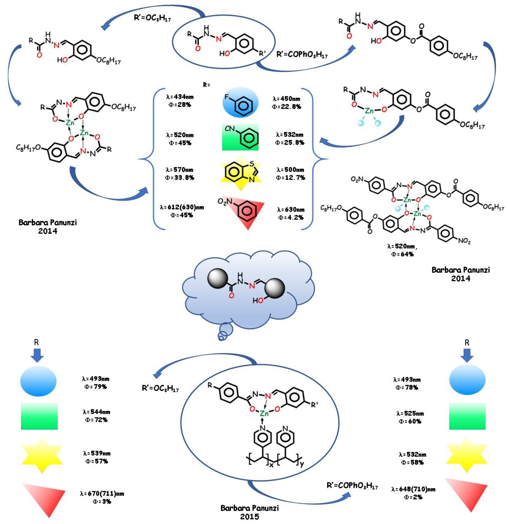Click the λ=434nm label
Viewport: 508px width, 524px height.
click(180, 96)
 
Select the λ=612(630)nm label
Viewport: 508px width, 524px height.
click(182, 207)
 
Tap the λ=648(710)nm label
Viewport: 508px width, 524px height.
click(413, 489)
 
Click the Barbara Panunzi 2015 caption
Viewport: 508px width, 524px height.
click(249, 512)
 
